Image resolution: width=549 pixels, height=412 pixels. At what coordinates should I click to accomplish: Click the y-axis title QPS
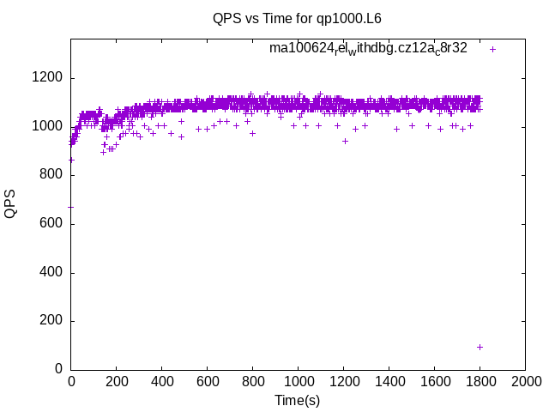[x=10, y=203]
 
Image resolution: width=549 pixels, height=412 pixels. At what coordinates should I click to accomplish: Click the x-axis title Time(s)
[x=297, y=400]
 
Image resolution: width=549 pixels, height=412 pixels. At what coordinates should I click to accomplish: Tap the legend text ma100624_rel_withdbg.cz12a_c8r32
[x=368, y=48]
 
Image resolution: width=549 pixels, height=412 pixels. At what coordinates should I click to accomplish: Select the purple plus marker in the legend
[x=492, y=49]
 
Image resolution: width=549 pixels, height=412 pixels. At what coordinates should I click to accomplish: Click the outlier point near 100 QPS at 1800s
[x=480, y=347]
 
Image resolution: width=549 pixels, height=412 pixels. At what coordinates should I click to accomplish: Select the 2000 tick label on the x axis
[x=525, y=381]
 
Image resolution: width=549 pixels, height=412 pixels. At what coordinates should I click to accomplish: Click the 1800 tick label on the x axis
[x=480, y=381]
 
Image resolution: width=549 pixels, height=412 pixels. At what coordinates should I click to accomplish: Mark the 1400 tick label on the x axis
[x=389, y=381]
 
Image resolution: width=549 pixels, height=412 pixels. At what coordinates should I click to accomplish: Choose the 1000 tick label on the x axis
[x=298, y=381]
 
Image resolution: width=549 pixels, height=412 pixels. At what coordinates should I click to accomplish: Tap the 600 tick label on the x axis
[x=207, y=381]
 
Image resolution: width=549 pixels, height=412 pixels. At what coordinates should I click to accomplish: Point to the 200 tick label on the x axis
[x=116, y=381]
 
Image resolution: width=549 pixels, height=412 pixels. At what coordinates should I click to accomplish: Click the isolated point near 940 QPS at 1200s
[x=345, y=141]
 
